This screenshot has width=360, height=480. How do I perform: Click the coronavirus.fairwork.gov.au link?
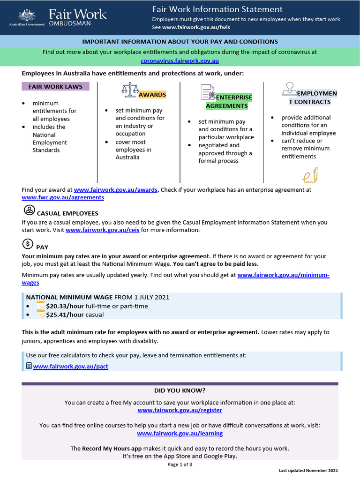[180, 61]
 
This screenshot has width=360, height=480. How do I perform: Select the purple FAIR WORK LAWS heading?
[55, 87]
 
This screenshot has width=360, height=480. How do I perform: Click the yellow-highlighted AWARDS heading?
[152, 95]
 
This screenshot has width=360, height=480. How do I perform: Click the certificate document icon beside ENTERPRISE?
[208, 92]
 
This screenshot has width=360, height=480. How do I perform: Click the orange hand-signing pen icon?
[310, 175]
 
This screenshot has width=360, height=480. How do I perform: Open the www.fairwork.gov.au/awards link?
[116, 190]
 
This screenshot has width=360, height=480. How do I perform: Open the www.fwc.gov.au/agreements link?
[63, 197]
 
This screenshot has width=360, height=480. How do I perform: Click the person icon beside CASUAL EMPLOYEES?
[29, 210]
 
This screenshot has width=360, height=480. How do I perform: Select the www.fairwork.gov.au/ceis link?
[102, 230]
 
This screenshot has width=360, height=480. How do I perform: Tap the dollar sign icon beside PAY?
[28, 244]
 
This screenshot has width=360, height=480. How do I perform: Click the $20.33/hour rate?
[65, 306]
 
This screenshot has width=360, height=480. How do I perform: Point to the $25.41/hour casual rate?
[65, 315]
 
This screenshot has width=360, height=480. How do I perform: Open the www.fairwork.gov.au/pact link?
[70, 366]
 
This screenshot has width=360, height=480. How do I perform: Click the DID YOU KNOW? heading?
[180, 390]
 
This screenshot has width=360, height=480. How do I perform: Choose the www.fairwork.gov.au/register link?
[180, 410]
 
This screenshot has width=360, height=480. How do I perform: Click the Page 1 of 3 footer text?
[180, 465]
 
